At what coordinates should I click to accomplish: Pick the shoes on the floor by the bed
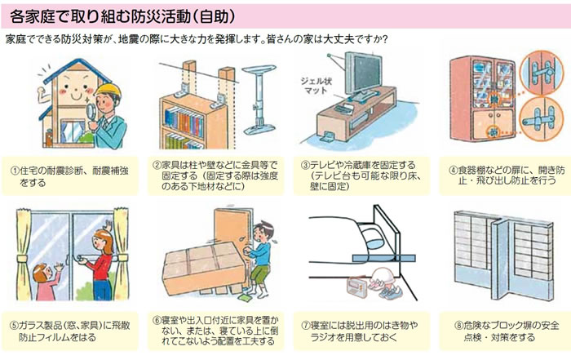(x=386, y=287)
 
